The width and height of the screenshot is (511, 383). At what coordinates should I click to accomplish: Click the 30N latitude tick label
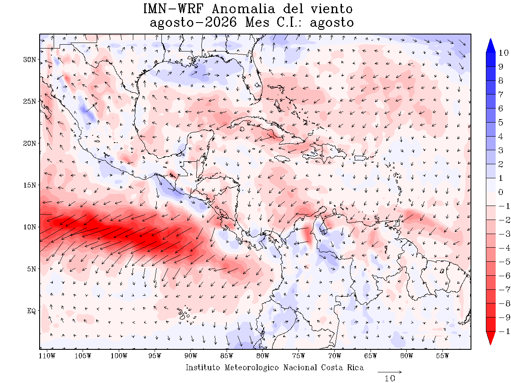tap(29, 60)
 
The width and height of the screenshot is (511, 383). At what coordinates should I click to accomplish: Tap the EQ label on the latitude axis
tap(32, 311)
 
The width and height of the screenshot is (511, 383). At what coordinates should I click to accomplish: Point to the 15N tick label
tap(29, 186)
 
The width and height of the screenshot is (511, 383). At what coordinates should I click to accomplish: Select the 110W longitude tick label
tap(47, 356)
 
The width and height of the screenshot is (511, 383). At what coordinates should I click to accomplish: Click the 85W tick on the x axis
tap(227, 356)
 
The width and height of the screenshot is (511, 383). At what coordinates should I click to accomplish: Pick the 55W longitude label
tap(442, 356)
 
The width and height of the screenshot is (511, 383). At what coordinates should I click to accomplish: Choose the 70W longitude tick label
tap(335, 356)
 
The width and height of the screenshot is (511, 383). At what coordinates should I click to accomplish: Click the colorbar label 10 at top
tap(503, 53)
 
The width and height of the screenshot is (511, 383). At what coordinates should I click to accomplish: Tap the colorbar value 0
tap(500, 192)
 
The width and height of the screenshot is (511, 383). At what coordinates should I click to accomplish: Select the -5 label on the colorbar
tap(504, 262)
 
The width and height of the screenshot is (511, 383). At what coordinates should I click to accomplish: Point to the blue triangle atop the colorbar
tap(490, 46)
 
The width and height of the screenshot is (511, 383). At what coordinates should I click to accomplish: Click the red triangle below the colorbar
tap(490, 338)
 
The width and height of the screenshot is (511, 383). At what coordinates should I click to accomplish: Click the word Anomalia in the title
tap(243, 9)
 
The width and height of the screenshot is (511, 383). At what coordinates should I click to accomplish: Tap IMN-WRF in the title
tap(173, 9)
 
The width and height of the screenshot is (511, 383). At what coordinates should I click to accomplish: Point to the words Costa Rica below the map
tap(342, 368)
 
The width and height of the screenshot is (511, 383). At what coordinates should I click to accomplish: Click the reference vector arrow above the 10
tap(390, 372)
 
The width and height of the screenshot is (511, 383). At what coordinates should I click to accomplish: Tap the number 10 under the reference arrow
tap(390, 379)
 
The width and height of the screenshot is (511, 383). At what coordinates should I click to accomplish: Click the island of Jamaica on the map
tap(282, 159)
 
